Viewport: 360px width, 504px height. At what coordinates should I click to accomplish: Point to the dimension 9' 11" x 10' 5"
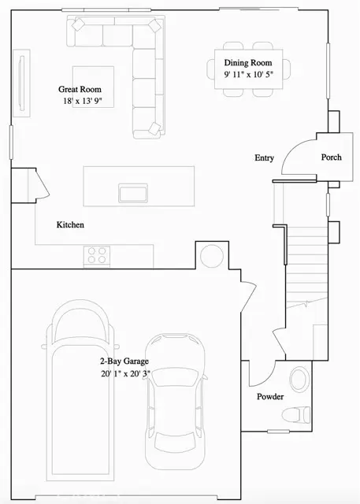[x=249, y=75]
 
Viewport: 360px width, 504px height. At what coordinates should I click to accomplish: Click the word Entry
[x=264, y=158]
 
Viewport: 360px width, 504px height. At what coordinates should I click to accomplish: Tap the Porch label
[x=332, y=157]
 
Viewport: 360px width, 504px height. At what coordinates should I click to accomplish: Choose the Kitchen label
[x=70, y=225]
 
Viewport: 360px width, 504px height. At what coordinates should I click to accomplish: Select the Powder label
[x=270, y=397]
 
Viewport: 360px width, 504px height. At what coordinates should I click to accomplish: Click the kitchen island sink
[x=132, y=193]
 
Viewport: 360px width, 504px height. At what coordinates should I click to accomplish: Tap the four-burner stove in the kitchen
[x=96, y=255]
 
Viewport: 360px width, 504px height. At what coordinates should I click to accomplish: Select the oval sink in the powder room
[x=300, y=381]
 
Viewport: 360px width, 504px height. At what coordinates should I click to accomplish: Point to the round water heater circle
[x=212, y=256]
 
